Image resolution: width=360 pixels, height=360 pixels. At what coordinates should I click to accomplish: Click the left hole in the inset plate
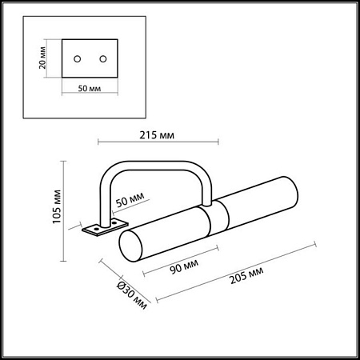78,59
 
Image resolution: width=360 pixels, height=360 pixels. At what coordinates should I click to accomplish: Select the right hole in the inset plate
102,59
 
